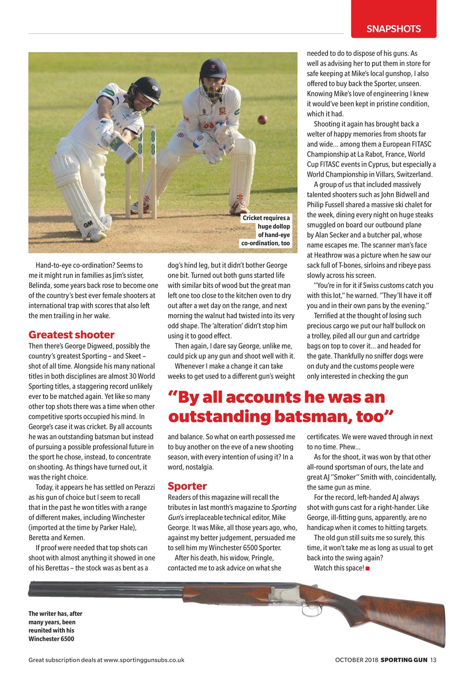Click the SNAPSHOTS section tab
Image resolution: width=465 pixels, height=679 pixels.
[393, 29]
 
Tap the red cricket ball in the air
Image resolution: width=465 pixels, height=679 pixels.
[262, 119]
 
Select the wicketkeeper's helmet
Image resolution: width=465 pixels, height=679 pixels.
[213, 69]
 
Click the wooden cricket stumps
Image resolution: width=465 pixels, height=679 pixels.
[141, 170]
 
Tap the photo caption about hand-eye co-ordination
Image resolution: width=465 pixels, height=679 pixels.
[266, 231]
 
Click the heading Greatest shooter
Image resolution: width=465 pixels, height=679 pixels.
[71, 335]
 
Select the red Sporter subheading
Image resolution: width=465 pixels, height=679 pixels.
[187, 486]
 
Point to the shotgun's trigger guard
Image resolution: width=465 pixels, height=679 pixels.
[312, 610]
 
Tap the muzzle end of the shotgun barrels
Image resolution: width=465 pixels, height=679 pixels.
[31, 587]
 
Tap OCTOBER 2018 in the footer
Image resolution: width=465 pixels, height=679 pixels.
[356, 660]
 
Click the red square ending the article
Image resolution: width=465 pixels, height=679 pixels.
[368, 569]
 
